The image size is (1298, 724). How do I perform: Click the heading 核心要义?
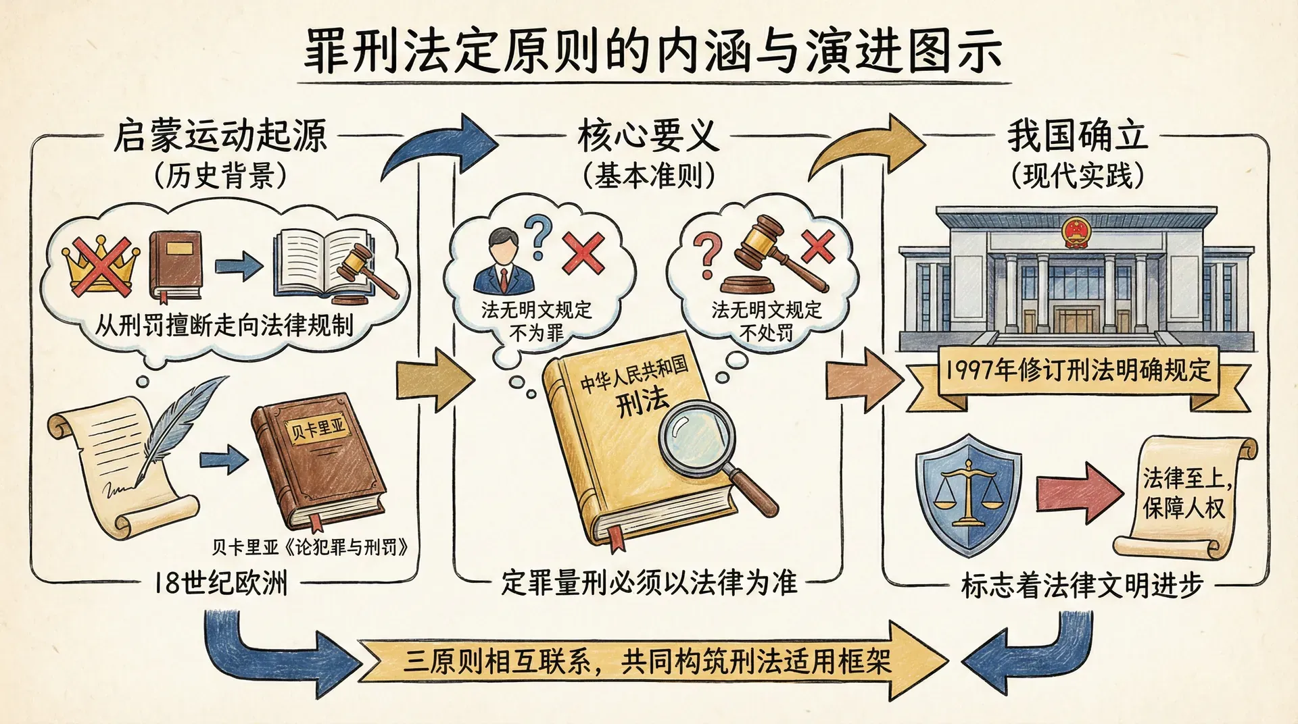[x=648, y=136]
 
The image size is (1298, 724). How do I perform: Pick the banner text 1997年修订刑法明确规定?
[x=1078, y=370]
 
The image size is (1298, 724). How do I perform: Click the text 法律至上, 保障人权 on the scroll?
[x=1184, y=493]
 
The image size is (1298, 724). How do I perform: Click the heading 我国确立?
[x=1078, y=136]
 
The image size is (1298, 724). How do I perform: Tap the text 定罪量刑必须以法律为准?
[x=648, y=583]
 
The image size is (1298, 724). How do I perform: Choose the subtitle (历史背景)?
[x=220, y=176]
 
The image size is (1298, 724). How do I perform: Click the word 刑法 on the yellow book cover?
[x=642, y=403]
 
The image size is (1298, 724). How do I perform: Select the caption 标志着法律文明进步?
[x=1082, y=585]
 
